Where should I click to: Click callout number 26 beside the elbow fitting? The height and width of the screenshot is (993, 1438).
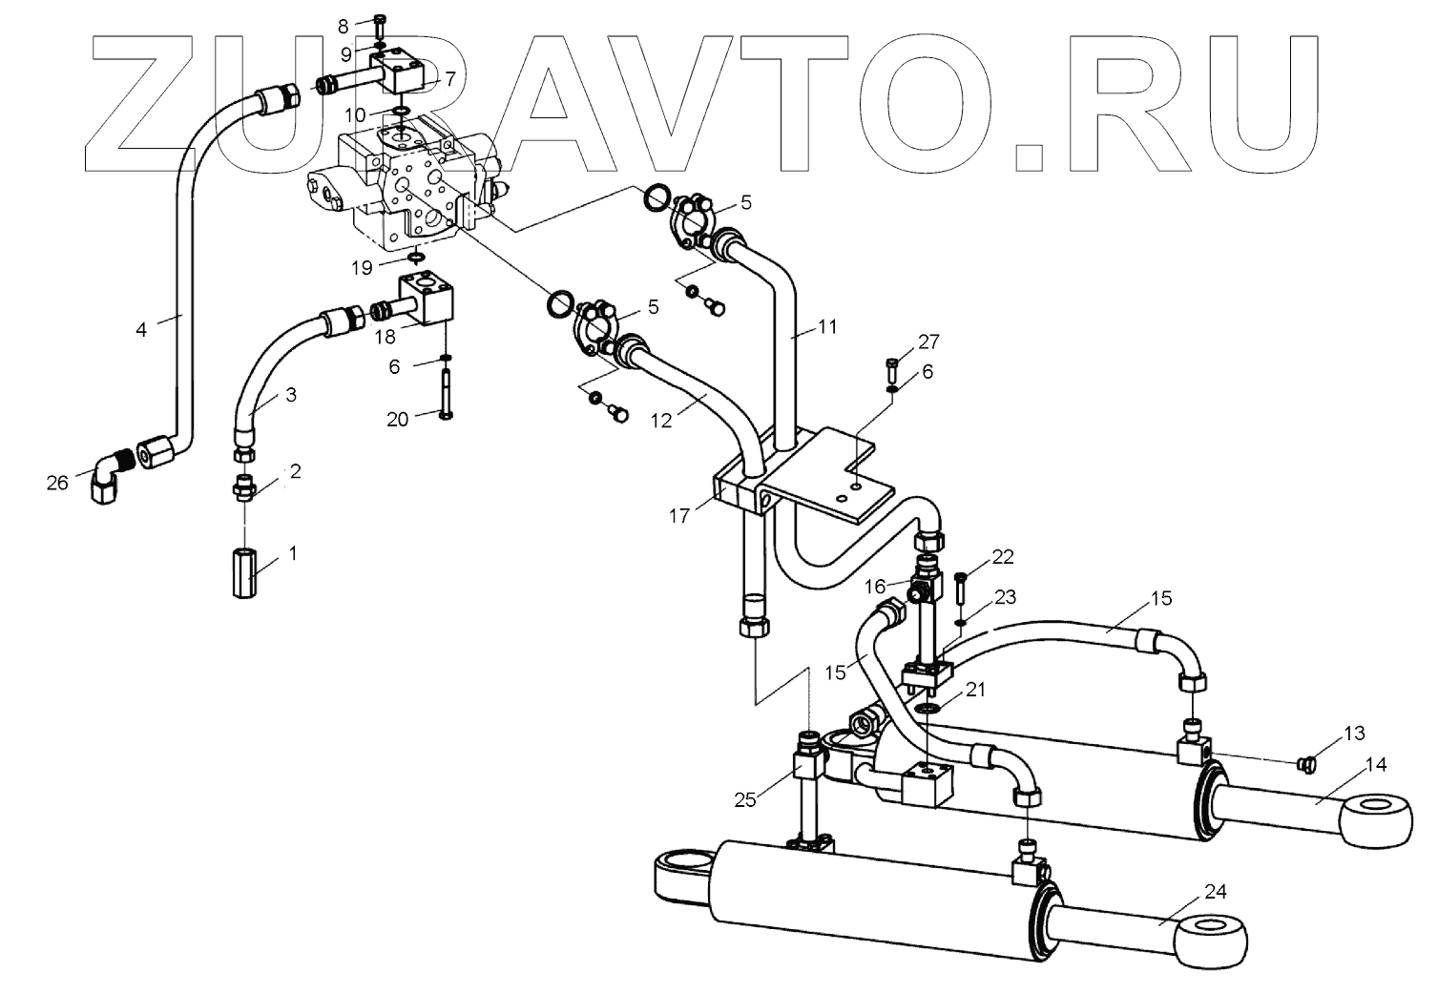click(57, 483)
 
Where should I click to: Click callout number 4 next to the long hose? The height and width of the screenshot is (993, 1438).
click(141, 330)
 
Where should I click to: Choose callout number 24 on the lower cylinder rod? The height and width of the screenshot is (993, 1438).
click(1215, 892)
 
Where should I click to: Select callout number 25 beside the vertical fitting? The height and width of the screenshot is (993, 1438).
click(745, 799)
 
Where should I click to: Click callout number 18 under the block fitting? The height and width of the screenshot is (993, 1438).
click(386, 338)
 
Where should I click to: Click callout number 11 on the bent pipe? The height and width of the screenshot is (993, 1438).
click(826, 326)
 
